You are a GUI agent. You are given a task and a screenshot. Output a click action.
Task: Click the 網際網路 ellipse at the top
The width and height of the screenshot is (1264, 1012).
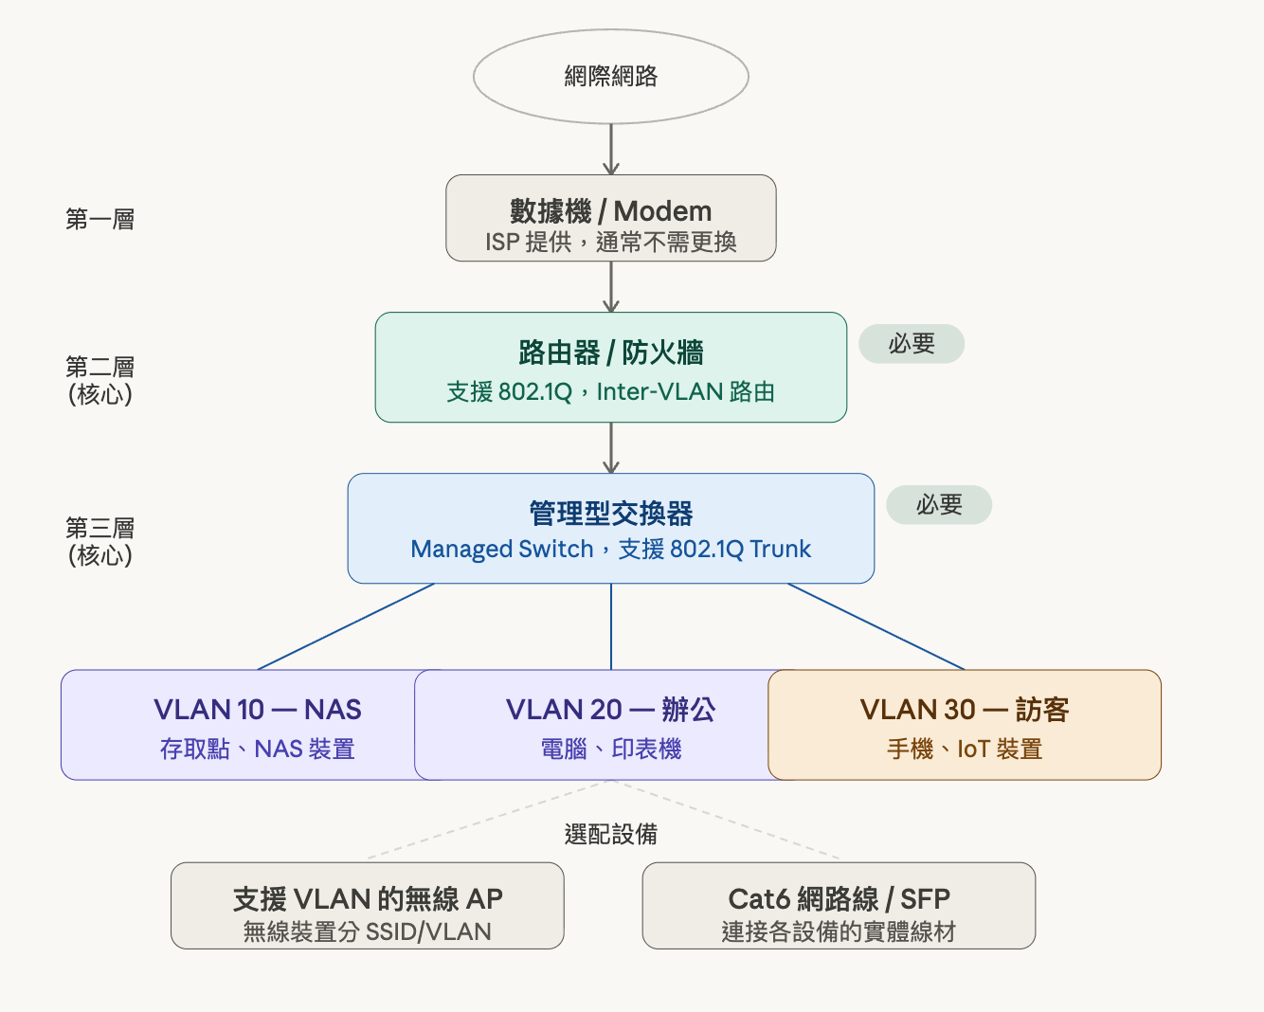(610, 77)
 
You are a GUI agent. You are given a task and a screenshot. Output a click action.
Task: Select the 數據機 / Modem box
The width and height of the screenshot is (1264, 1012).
(610, 218)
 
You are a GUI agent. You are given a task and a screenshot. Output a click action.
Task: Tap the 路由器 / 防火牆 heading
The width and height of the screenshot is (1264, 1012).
(610, 352)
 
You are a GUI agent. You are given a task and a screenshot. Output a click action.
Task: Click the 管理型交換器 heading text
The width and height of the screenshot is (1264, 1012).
(610, 514)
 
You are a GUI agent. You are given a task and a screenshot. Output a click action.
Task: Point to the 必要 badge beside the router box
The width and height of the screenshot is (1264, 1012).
(912, 344)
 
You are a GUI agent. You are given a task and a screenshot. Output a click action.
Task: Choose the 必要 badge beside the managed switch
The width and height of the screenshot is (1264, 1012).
(939, 505)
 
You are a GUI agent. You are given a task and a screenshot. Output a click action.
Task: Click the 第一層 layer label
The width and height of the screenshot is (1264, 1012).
(99, 220)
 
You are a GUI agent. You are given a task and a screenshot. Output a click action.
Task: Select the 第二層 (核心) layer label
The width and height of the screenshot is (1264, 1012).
(99, 380)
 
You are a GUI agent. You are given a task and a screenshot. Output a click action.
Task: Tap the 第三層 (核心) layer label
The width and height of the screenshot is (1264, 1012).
(99, 541)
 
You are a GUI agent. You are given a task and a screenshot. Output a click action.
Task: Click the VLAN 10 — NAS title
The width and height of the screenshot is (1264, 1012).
(257, 710)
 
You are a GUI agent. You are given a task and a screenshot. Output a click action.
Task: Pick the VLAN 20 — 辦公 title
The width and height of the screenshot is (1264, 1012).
(610, 710)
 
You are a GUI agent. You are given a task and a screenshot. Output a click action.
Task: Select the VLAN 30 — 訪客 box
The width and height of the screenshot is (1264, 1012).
(964, 725)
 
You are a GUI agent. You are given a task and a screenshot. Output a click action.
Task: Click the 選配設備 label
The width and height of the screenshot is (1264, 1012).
(610, 835)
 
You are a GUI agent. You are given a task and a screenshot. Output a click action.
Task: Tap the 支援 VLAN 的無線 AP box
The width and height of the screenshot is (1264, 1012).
(367, 906)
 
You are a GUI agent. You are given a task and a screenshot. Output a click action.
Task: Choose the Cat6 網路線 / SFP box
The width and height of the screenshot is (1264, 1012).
(839, 906)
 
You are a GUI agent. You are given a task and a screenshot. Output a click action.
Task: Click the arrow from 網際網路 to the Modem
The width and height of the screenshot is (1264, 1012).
(611, 149)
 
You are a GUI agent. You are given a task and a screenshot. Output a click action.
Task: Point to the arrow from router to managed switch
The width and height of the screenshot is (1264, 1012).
(611, 447)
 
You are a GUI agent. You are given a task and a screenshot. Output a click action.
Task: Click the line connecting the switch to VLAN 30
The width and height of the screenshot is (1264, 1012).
(876, 627)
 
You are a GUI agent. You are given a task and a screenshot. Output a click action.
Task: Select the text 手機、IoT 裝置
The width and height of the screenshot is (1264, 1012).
(964, 750)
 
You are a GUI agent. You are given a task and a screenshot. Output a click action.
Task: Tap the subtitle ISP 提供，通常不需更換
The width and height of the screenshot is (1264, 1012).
(610, 243)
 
